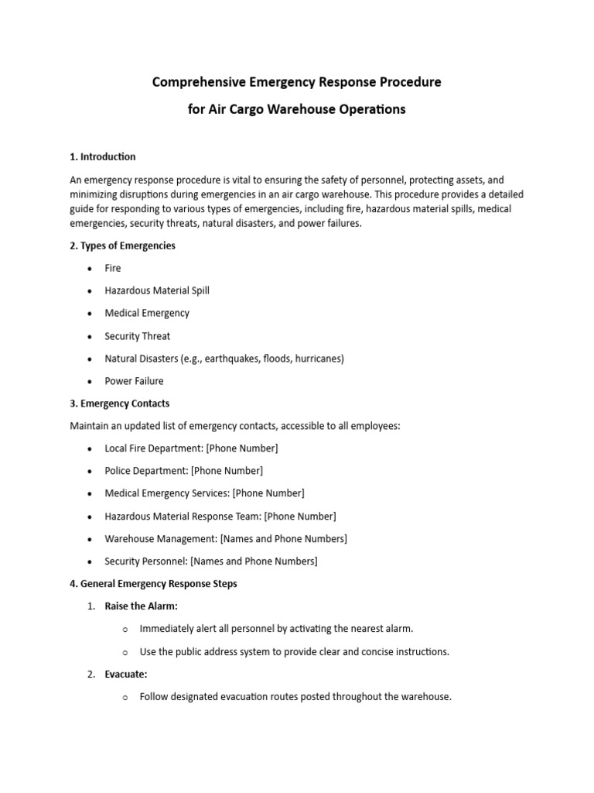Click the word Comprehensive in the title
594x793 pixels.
(198, 82)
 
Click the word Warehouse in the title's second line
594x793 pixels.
(304, 109)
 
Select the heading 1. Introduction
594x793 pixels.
(102, 156)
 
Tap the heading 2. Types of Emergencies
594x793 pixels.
(122, 245)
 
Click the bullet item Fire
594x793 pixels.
(113, 268)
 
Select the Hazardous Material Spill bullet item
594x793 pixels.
(157, 290)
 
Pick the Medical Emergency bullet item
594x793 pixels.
(147, 313)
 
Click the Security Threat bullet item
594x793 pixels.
(138, 336)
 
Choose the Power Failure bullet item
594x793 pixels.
(135, 381)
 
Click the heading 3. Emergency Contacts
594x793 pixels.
(119, 403)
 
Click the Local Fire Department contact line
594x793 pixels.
(191, 448)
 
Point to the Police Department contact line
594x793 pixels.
(183, 471)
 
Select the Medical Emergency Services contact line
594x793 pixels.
(204, 493)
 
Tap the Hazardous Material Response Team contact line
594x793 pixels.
(220, 516)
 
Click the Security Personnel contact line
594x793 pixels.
(211, 561)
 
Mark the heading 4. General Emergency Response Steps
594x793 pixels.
(153, 584)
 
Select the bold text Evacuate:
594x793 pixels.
(126, 675)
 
